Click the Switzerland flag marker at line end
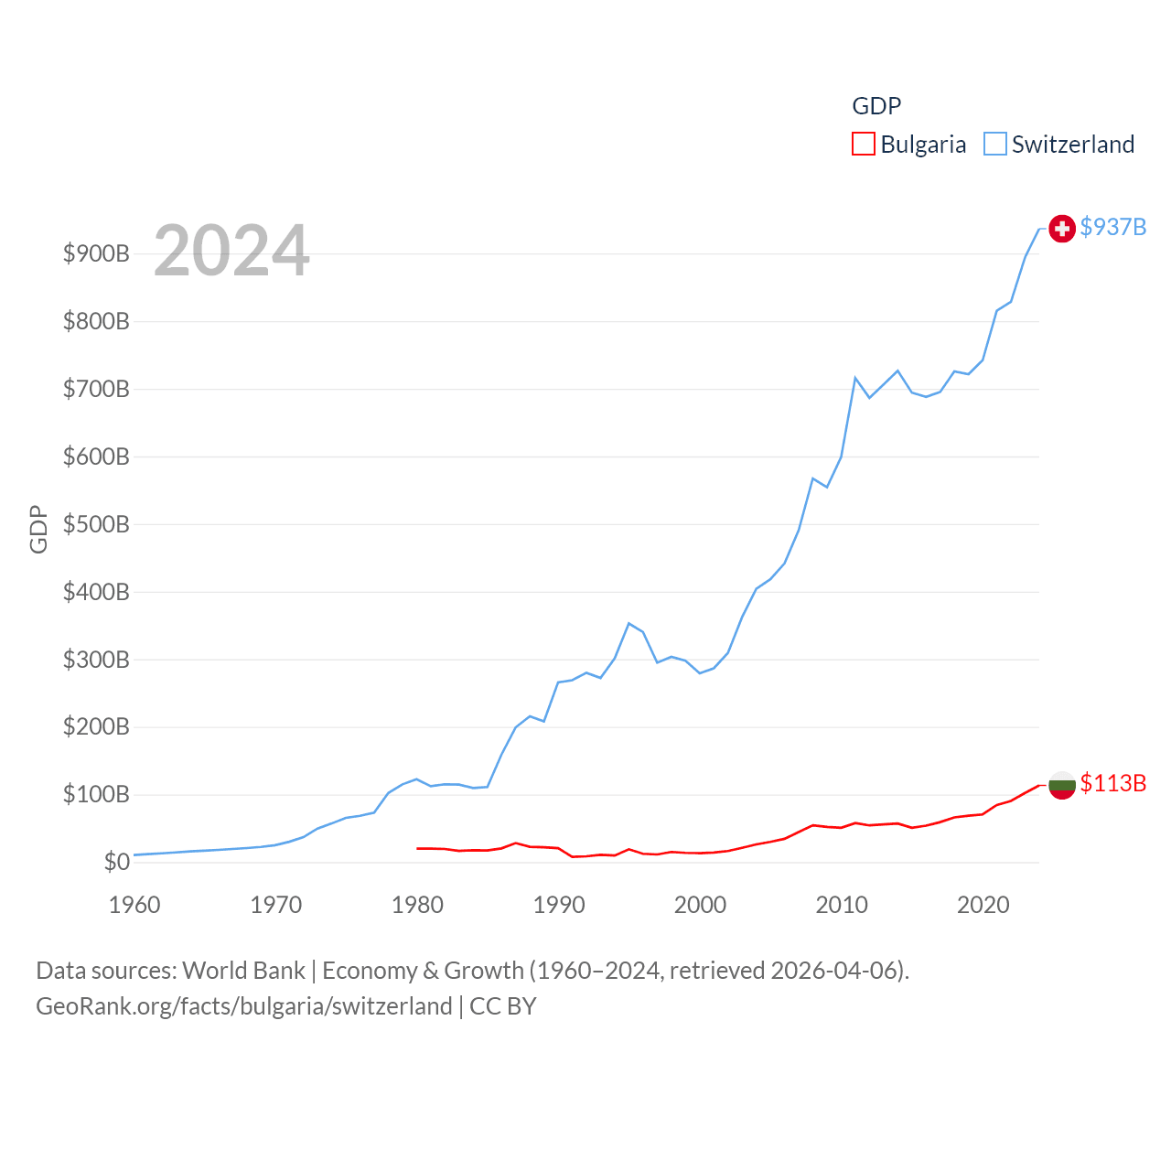coord(1061,229)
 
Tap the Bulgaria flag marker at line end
coord(1061,785)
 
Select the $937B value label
coord(1112,227)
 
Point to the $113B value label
coord(1112,783)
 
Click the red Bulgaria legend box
coord(864,145)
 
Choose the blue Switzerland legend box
coord(994,145)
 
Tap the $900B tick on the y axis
coord(96,253)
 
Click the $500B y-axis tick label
coord(96,524)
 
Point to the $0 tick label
coord(116,862)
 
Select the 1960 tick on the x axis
coord(134,905)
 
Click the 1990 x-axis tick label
coord(559,905)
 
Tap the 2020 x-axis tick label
coord(983,905)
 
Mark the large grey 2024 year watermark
coord(231,251)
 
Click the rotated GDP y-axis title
coord(38,529)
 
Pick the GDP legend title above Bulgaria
coord(876,106)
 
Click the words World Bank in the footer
coord(243,970)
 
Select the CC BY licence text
coord(502,1006)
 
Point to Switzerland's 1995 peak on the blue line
coord(628,623)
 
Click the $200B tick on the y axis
coord(96,727)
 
